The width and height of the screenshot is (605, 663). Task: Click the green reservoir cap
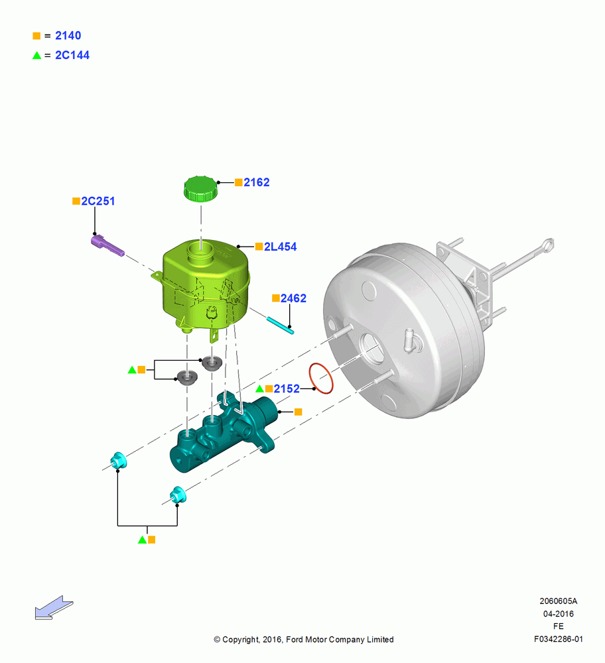200,189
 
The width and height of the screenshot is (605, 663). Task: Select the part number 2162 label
256,182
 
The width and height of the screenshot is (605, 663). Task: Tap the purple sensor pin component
107,246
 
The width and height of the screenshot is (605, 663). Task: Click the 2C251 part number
98,202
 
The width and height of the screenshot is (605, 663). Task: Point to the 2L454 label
280,247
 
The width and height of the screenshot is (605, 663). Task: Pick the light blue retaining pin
280,326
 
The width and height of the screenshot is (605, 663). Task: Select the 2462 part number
293,298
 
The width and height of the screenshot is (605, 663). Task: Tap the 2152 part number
287,389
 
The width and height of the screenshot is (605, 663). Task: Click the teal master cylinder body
224,434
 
